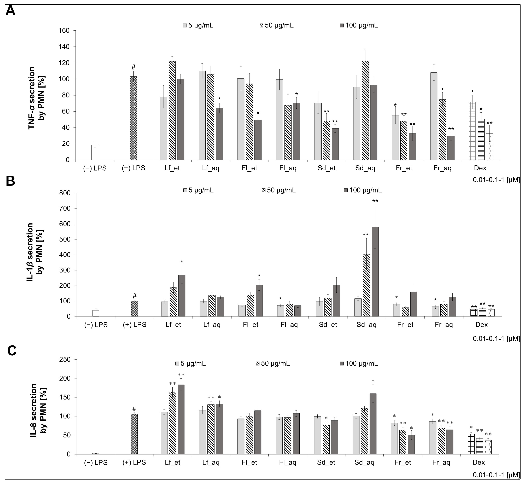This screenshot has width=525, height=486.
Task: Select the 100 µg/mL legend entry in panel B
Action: pos(363,190)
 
